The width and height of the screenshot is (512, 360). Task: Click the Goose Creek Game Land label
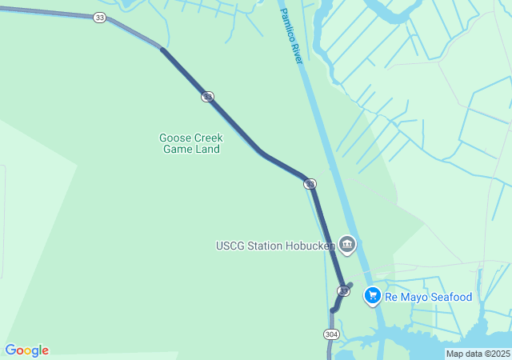click(190, 143)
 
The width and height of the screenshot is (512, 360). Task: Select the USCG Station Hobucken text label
click(275, 246)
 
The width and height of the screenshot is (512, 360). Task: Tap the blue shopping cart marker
click(372, 296)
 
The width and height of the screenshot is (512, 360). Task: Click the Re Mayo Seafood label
click(428, 297)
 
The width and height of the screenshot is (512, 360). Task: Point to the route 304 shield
click(331, 333)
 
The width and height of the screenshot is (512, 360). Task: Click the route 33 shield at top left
click(98, 18)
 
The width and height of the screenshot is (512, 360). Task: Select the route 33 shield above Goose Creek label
click(207, 97)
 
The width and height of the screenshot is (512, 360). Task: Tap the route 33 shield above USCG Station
click(310, 184)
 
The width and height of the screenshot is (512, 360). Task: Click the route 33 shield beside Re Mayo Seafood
click(343, 290)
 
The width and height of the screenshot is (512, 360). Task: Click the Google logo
click(26, 350)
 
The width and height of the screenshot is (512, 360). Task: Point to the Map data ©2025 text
click(478, 354)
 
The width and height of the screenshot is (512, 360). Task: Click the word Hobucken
click(310, 246)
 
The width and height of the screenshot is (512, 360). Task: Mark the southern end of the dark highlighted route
click(334, 310)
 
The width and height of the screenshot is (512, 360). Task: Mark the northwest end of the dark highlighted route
click(162, 50)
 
